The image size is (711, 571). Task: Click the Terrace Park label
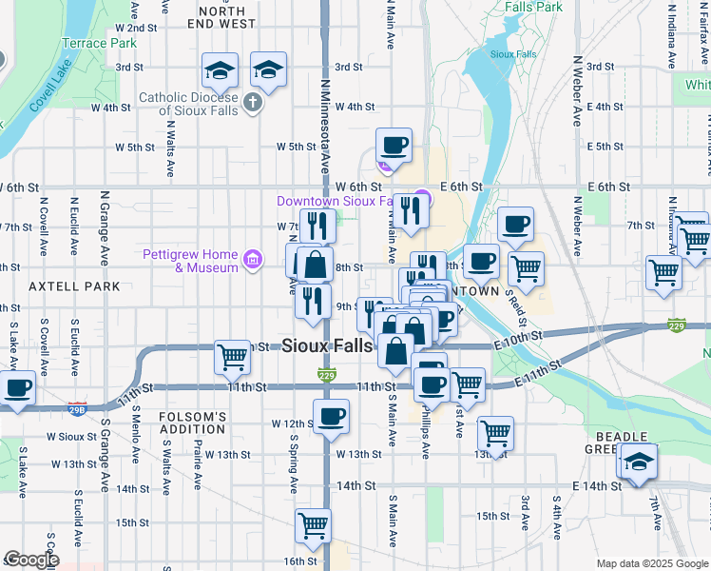coord(99,43)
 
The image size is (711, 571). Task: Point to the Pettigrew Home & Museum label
coord(190,261)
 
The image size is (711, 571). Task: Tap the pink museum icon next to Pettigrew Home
coord(252,260)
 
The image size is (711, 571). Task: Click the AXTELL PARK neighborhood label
coord(74,285)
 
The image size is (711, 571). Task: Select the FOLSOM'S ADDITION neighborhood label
coord(191,423)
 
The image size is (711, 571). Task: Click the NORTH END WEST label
coord(227,15)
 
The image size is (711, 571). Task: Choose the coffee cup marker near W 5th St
coord(394,146)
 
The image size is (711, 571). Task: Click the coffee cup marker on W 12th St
coord(331,417)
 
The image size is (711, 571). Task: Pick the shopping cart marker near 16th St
coord(313,524)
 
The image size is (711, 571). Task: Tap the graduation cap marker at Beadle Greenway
coord(640,461)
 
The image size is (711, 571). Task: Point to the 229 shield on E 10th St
coord(676,325)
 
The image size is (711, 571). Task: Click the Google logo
coord(31,560)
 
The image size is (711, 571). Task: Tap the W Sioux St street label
coord(65,437)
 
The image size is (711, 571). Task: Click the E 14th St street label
coord(596,485)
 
